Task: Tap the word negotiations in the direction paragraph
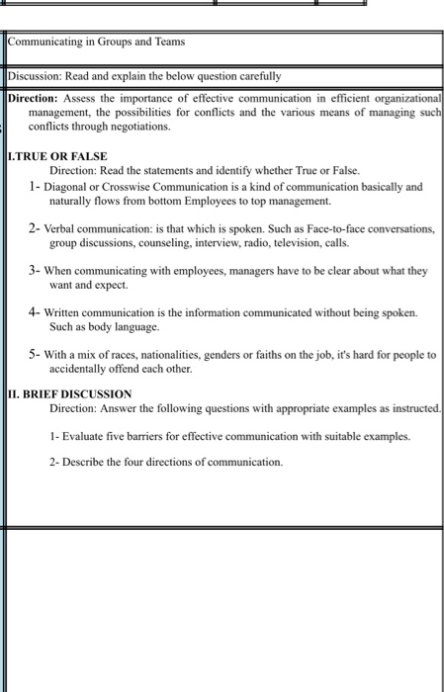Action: [x=133, y=127]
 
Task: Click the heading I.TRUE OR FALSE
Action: [x=56, y=156]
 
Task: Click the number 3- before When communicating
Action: [x=35, y=269]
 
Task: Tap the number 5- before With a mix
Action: [x=35, y=353]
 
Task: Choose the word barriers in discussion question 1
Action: [x=147, y=435]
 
